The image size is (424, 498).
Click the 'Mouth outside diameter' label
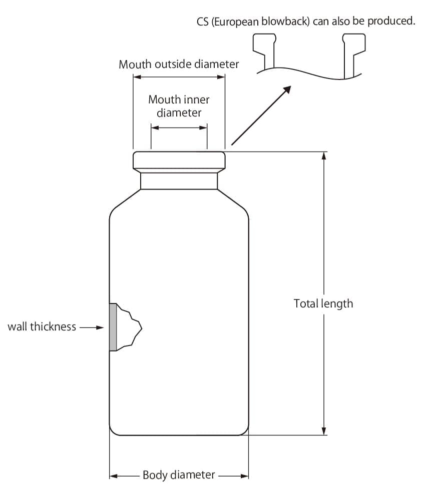tap(179, 64)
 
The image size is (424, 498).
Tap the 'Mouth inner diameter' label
tap(179, 106)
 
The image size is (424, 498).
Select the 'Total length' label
tap(323, 304)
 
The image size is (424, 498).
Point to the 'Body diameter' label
tap(179, 475)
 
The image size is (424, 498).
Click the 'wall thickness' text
tap(42, 326)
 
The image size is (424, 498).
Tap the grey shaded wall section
tap(113, 327)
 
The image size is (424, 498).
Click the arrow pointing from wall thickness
tap(92, 327)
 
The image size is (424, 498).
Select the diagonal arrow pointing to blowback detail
tap(261, 115)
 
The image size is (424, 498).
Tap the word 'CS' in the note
tap(203, 21)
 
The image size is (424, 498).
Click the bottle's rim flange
tap(179, 160)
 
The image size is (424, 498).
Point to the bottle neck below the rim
tap(179, 181)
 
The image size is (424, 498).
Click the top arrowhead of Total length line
tap(324, 155)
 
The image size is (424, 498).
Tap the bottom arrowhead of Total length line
tap(324, 431)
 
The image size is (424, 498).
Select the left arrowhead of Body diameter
tap(114, 476)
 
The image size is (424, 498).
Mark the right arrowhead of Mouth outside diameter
tap(221, 77)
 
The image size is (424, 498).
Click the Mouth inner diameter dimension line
tap(179, 127)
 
